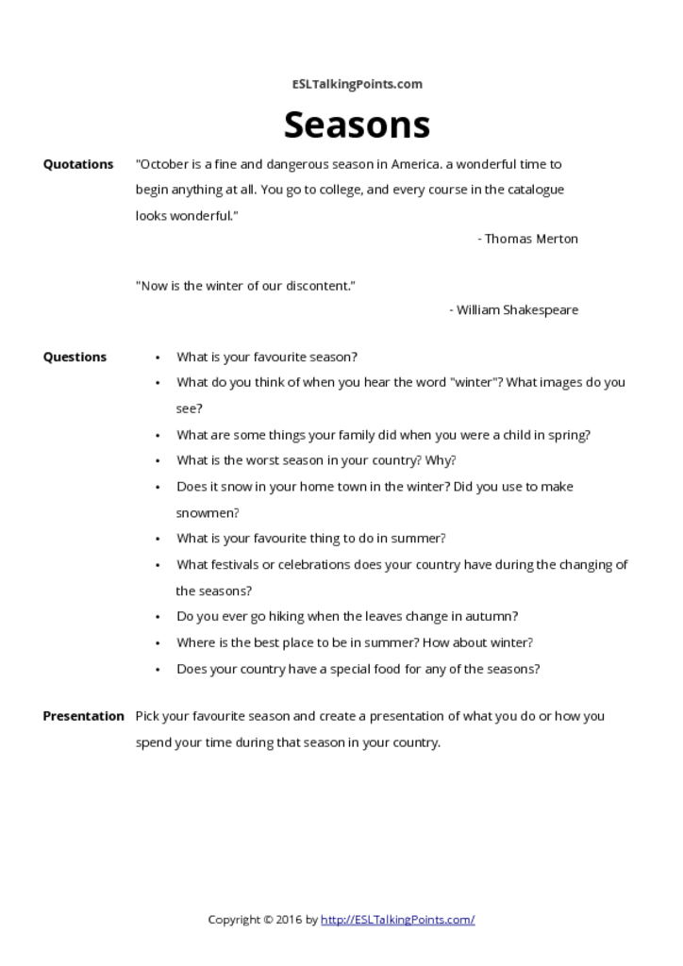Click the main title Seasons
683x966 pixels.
(357, 125)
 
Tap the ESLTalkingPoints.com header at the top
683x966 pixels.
(357, 84)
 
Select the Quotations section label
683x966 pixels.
(78, 164)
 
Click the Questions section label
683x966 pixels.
(75, 357)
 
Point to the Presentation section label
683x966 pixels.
(83, 716)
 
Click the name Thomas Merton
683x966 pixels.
(531, 239)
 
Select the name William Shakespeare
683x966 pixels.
(517, 309)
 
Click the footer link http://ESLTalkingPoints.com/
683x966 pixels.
(397, 920)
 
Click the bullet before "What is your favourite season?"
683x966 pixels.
(158, 358)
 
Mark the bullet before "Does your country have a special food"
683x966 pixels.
(158, 670)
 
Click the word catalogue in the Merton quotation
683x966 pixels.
(536, 190)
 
